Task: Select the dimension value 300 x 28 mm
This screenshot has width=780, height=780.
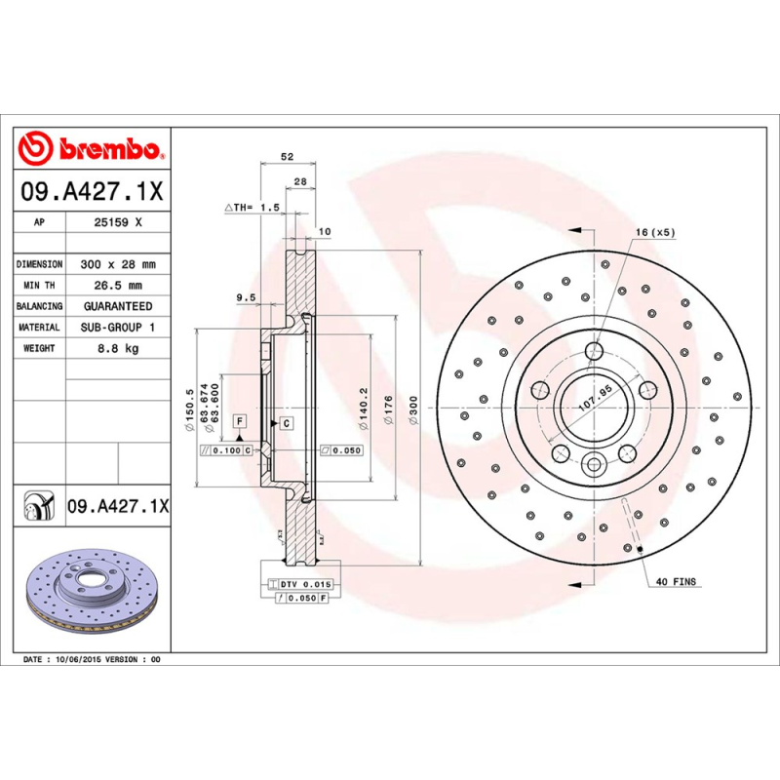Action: (118, 264)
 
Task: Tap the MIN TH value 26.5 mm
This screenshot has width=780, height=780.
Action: (118, 286)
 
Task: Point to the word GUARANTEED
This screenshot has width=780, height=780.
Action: (118, 306)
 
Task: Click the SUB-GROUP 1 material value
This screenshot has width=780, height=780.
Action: (118, 328)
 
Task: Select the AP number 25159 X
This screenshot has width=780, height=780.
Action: (118, 222)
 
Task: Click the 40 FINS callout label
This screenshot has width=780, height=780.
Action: (675, 581)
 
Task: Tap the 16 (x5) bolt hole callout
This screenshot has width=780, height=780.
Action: (654, 232)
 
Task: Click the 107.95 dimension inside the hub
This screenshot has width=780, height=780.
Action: (595, 398)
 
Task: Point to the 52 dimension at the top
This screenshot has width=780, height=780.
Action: (287, 157)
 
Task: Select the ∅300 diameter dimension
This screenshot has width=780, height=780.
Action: (412, 409)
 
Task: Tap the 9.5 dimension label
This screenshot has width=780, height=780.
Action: (246, 296)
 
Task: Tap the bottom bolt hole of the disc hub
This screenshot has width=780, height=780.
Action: (594, 465)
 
